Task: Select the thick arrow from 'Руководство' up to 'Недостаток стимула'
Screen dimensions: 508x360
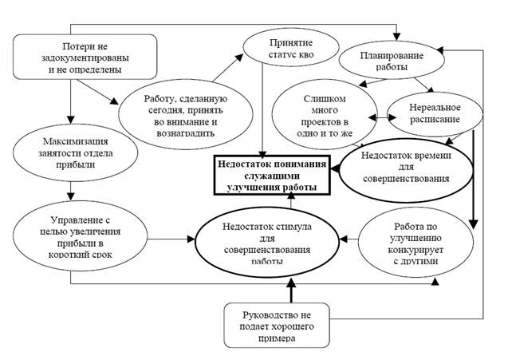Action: [291, 291]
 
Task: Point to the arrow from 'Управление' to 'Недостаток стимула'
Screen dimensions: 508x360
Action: [171, 239]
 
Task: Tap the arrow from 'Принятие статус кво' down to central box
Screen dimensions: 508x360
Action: [262, 110]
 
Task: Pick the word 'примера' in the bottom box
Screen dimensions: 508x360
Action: [277, 338]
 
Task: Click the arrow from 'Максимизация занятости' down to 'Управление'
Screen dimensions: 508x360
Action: [71, 192]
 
